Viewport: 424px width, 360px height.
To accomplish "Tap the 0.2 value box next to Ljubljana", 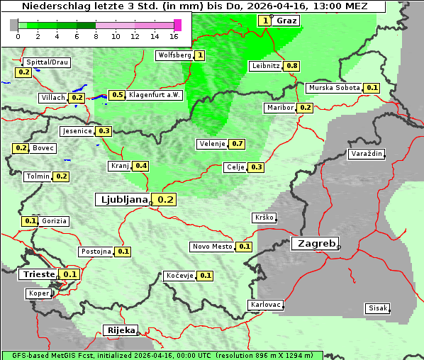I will [x=166, y=200].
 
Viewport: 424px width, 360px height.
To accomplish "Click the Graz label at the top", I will [x=286, y=21].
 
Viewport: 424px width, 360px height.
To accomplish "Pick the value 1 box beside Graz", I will [x=265, y=21].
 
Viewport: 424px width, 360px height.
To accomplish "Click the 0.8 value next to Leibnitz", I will [x=291, y=66].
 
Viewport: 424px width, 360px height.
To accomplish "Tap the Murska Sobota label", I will [x=334, y=88].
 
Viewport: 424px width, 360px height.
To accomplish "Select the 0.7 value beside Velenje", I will [x=238, y=144].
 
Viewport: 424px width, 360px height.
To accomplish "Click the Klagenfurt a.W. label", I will [x=155, y=95].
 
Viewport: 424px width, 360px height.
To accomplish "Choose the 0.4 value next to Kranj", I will [x=141, y=166].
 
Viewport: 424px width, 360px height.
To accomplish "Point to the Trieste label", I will [x=38, y=274].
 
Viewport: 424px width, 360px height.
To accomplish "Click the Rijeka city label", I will [x=120, y=330].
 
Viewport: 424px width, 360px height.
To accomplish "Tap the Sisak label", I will [x=376, y=308].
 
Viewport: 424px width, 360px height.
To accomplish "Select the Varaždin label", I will [x=367, y=154].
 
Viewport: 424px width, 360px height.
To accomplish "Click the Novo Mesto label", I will [x=212, y=247].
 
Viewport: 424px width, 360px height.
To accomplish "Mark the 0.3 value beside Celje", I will [x=256, y=167].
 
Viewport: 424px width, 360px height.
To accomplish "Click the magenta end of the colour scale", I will [x=177, y=25].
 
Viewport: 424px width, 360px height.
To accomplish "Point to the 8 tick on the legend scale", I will [x=96, y=36].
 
